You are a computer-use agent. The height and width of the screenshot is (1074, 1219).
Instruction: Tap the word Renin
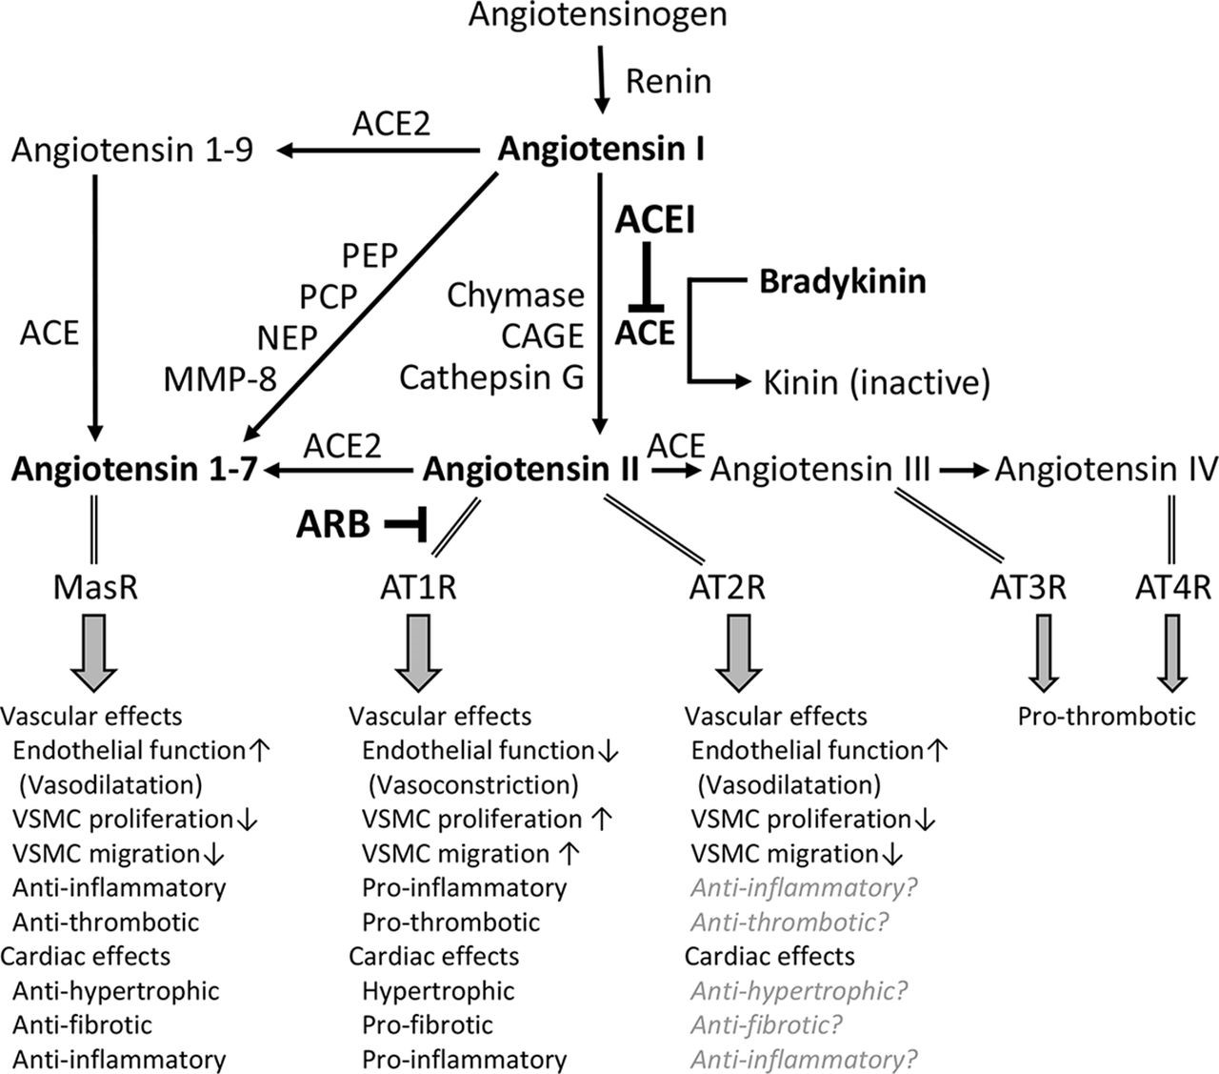(668, 81)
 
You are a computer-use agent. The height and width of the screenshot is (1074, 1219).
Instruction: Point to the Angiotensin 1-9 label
(132, 151)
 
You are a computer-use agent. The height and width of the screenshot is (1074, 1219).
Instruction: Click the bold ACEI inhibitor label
(655, 220)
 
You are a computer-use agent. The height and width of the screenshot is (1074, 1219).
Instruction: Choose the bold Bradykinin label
(842, 282)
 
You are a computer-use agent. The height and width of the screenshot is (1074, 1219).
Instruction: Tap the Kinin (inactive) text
(876, 382)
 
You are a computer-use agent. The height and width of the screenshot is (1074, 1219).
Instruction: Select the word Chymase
(515, 295)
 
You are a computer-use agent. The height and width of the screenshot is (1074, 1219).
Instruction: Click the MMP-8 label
(219, 379)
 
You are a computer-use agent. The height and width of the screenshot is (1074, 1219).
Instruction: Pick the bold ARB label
(332, 523)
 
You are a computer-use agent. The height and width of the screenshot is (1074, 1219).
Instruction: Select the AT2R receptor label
(727, 586)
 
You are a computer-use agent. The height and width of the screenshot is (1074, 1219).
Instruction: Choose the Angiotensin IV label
(1106, 469)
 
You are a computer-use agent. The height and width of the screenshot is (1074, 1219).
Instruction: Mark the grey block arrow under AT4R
(1172, 653)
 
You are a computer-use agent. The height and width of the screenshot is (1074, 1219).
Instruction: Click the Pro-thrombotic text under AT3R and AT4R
(1106, 716)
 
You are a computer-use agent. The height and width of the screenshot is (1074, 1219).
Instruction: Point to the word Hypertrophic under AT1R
(438, 990)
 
